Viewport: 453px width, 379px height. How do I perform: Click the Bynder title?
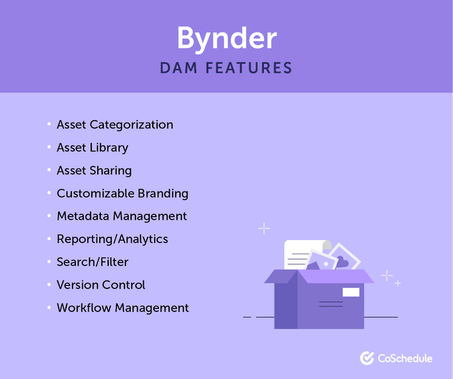pos(226,39)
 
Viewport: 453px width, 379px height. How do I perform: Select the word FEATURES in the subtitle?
pos(249,68)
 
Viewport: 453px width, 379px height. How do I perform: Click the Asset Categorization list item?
pos(115,125)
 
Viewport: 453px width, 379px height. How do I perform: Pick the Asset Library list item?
pos(92,148)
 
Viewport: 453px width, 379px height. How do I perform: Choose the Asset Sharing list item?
pos(94,171)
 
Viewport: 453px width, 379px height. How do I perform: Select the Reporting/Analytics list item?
pos(112,239)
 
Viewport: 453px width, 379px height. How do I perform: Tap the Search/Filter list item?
pos(92,262)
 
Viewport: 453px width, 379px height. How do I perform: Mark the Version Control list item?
pos(101,285)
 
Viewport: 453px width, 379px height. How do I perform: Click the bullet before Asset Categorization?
pos(49,125)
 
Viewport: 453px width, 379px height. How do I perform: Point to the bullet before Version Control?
pos(49,285)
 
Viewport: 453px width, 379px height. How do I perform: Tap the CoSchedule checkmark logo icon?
pos(367,358)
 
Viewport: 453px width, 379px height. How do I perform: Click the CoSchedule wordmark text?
pos(405,358)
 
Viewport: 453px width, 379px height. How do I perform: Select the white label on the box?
pos(351,292)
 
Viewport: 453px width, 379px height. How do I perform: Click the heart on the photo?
pos(342,261)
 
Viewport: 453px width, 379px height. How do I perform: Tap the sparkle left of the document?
pos(264,228)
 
